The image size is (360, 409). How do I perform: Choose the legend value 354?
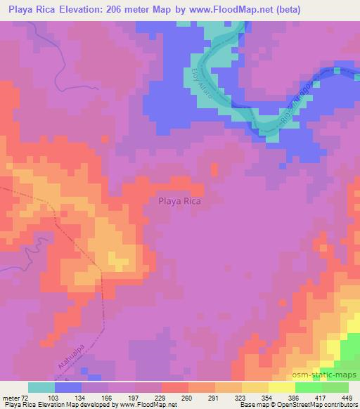point(266,397)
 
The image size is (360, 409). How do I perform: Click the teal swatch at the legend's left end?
point(41,387)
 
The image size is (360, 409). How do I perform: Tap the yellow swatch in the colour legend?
point(282,387)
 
